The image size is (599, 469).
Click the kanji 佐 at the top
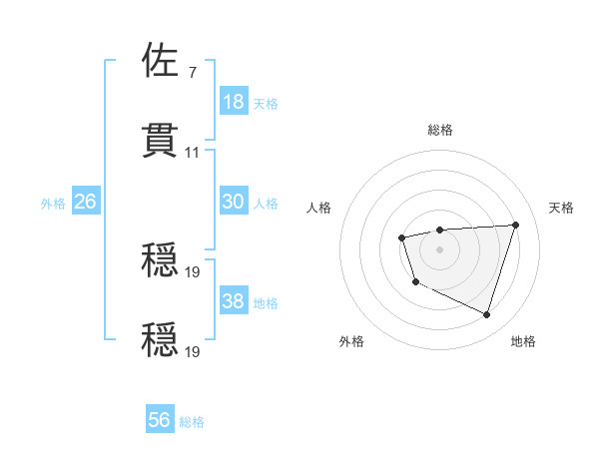tap(161, 61)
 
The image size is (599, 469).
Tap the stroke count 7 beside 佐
tap(192, 74)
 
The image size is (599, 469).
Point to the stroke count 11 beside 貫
tap(193, 153)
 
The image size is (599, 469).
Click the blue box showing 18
tap(234, 101)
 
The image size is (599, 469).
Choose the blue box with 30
tap(234, 202)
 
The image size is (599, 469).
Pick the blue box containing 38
tap(234, 301)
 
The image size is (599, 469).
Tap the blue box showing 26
tap(85, 202)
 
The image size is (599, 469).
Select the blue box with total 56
tap(160, 421)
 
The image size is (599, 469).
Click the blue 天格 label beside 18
tap(266, 103)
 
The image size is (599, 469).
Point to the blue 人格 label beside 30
tap(266, 203)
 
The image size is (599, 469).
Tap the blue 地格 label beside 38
tap(266, 302)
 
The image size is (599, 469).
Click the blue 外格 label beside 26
tap(53, 203)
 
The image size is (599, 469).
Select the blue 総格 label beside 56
tap(192, 422)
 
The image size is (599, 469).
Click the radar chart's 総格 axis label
tap(440, 130)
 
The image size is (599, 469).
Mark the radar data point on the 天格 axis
tap(515, 225)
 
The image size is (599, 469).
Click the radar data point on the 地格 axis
tap(486, 315)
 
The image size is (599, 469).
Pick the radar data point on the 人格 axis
tap(401, 237)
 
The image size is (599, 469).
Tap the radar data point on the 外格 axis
tap(415, 282)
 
